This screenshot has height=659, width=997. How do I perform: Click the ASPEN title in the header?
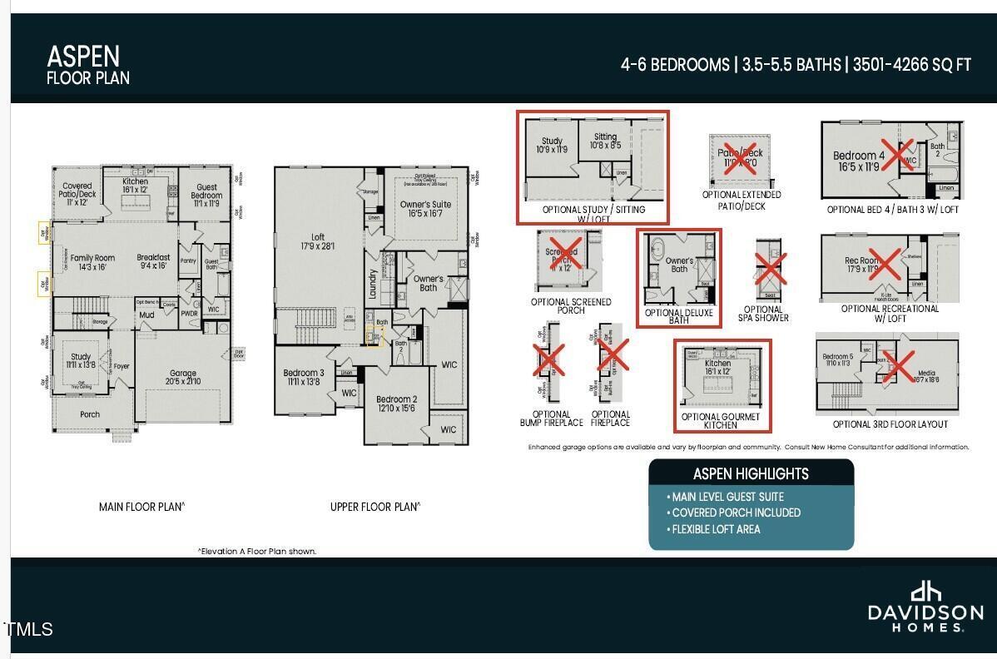(x=83, y=57)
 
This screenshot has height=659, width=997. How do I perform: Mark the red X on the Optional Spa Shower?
(x=770, y=269)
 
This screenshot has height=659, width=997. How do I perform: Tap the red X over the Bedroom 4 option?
(x=894, y=155)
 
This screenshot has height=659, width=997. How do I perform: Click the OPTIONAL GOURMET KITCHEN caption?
(x=720, y=421)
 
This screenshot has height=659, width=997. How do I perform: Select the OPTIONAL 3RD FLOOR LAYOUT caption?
(x=890, y=424)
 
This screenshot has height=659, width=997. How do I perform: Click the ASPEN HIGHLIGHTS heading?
(x=751, y=473)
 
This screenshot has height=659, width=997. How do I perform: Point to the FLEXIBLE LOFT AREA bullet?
(x=716, y=529)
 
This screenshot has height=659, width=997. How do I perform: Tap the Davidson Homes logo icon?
(x=925, y=592)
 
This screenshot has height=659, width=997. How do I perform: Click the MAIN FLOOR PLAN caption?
(x=141, y=507)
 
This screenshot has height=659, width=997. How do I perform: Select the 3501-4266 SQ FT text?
(x=910, y=65)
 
